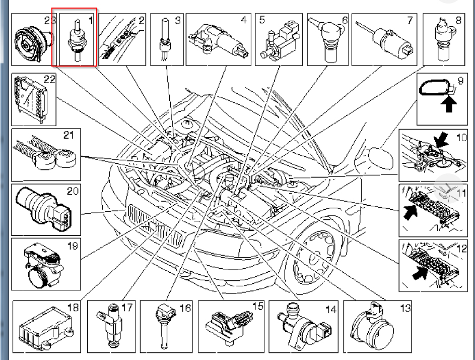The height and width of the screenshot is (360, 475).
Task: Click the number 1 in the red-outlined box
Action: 91,21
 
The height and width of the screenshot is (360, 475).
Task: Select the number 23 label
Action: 49,21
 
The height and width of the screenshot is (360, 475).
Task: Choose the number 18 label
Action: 73,307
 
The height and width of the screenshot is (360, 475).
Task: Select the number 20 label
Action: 73,191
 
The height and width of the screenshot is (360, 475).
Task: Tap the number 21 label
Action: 68,135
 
